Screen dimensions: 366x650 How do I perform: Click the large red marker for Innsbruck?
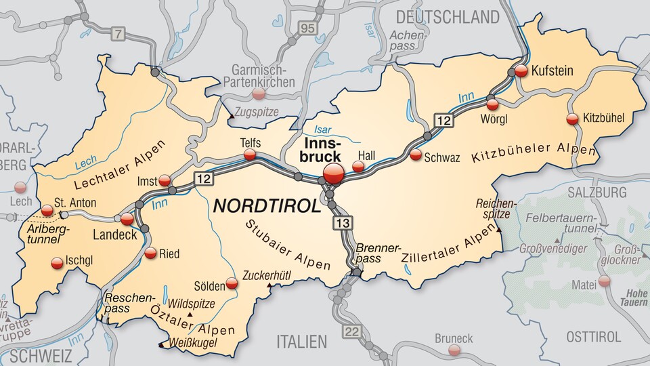click(x=332, y=174)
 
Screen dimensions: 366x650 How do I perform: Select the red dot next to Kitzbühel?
click(x=572, y=119)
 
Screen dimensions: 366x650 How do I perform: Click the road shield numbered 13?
click(x=343, y=222)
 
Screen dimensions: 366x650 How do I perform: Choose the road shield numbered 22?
click(x=351, y=330)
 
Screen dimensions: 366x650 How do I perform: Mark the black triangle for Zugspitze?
click(x=232, y=116)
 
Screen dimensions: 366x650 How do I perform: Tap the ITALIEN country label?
click(x=301, y=340)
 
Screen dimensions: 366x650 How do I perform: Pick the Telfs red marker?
click(x=250, y=155)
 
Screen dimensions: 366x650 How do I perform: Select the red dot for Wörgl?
click(x=492, y=104)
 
